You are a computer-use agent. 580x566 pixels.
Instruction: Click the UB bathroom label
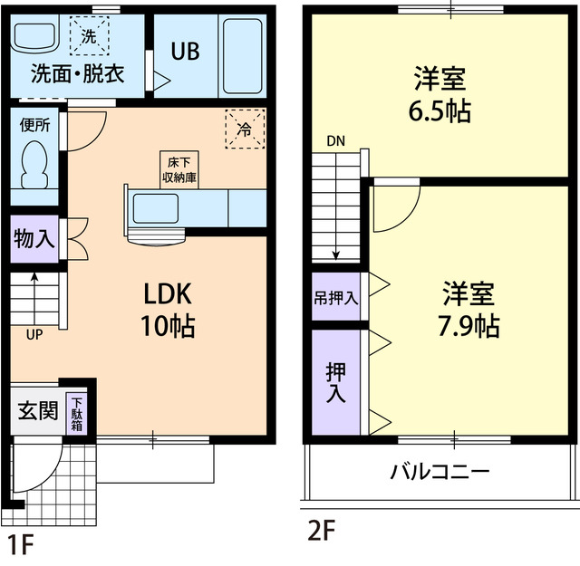187,51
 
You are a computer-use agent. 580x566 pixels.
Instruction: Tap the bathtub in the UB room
241,55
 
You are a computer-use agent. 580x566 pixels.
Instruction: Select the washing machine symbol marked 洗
89,37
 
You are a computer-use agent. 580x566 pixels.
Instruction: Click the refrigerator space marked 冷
244,130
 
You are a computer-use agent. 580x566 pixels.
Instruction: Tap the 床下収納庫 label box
176,169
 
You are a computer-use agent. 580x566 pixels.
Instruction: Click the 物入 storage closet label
34,240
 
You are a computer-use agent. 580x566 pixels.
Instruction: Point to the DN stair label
335,142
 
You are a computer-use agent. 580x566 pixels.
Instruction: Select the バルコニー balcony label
440,472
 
